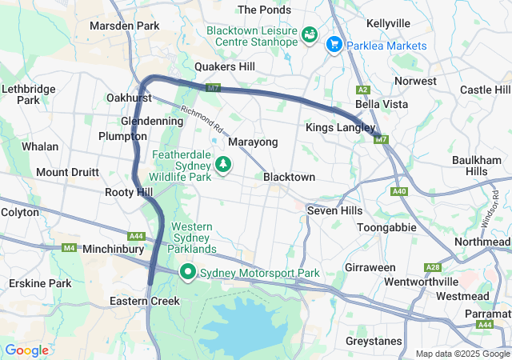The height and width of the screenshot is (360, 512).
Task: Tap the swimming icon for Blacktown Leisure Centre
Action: (x=309, y=36)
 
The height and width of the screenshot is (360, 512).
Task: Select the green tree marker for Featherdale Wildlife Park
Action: (x=224, y=165)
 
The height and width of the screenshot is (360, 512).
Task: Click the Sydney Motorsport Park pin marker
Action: (x=188, y=272)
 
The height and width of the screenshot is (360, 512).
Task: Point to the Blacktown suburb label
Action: (x=289, y=177)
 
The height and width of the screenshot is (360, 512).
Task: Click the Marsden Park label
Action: (x=124, y=26)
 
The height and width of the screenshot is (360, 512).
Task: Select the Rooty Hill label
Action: (x=128, y=192)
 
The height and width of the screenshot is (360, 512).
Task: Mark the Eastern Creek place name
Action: (x=145, y=301)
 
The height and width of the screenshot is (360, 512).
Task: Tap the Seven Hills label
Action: (x=335, y=210)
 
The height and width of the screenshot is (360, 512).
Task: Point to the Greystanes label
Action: (x=374, y=341)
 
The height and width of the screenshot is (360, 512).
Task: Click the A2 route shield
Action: (x=363, y=90)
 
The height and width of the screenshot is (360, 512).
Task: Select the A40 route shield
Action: (x=399, y=191)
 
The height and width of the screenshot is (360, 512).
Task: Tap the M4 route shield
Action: (x=70, y=248)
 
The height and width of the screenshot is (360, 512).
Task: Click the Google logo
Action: (x=26, y=350)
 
